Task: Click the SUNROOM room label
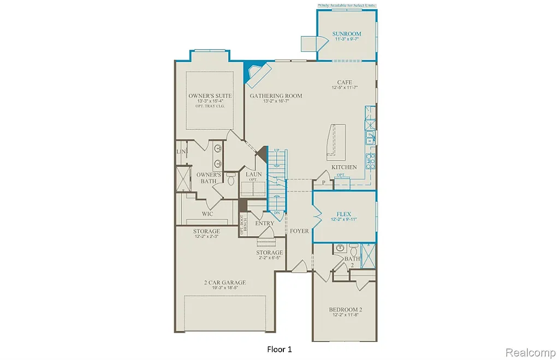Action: pos(347,34)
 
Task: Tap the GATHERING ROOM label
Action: pos(276,96)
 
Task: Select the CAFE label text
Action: pos(344,83)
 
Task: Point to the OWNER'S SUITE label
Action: pos(210,96)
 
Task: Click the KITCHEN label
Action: pos(344,167)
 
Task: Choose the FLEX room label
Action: pos(343,214)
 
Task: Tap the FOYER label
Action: pos(299,231)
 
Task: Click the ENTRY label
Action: pos(265,223)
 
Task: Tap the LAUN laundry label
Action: pos(253,175)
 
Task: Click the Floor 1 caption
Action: pos(279,349)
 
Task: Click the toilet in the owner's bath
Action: pos(230,178)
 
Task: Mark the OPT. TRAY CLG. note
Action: pos(210,106)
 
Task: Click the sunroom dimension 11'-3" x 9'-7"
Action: pos(347,40)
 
